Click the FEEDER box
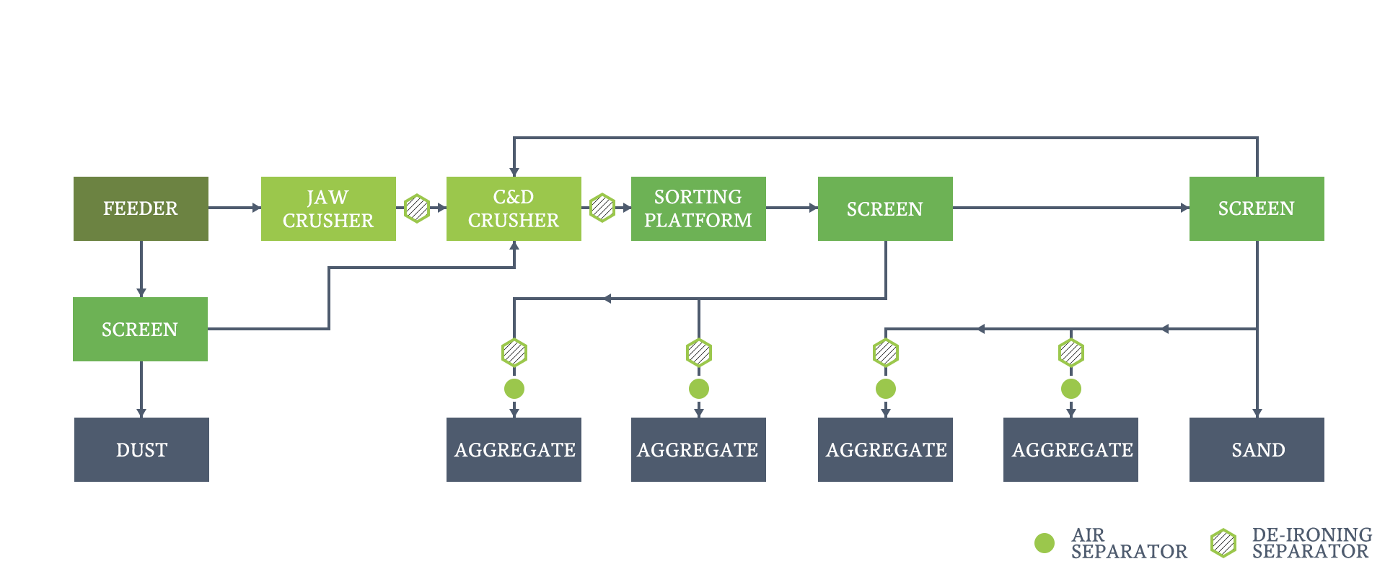[x=141, y=208]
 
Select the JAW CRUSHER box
[x=328, y=208]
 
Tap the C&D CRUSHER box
[x=514, y=208]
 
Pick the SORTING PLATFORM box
[x=698, y=208]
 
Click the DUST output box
[x=141, y=449]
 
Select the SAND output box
[x=1257, y=449]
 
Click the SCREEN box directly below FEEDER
[x=140, y=329]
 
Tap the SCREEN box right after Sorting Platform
[x=885, y=208]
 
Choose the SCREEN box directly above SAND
[x=1257, y=208]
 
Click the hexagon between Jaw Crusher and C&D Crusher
[x=417, y=208]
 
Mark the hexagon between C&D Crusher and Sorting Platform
[x=602, y=208]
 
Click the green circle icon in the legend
[x=1045, y=543]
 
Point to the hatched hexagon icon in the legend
[x=1223, y=543]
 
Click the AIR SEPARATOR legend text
[x=1129, y=543]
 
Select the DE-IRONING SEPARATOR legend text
[x=1312, y=543]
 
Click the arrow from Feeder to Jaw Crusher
[x=234, y=208]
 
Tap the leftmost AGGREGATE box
[x=514, y=449]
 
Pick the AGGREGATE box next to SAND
[x=1070, y=449]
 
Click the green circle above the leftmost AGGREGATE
[x=514, y=389]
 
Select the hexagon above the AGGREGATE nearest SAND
[x=1071, y=353]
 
